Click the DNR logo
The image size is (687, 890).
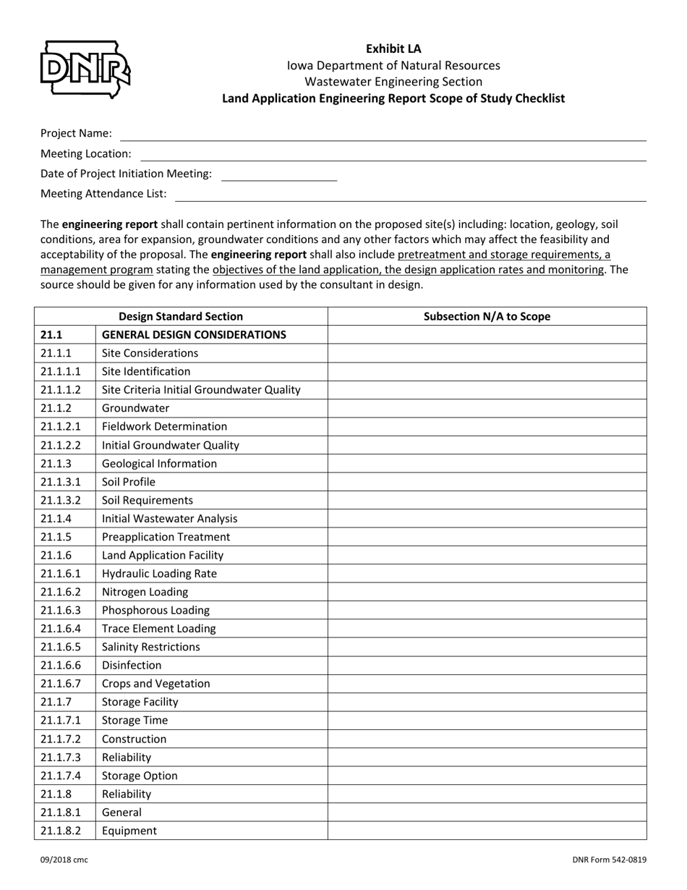[85, 69]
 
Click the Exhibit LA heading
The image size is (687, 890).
[393, 48]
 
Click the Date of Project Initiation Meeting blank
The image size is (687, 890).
[279, 174]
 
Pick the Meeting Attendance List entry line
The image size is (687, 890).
[410, 195]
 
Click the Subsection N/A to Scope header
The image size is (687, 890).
[487, 316]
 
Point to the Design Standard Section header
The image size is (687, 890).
[181, 316]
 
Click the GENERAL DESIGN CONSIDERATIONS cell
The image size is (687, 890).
[194, 335]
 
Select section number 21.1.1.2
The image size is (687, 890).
[61, 390]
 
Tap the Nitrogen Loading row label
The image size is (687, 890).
[145, 592]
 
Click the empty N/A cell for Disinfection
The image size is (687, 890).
[487, 666]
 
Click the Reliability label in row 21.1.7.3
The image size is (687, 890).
[127, 758]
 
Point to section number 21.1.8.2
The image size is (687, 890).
[61, 831]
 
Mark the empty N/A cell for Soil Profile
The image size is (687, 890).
[487, 482]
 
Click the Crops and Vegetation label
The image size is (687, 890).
[155, 684]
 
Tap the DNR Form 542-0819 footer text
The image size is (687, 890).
[610, 860]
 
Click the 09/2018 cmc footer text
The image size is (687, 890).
[64, 860]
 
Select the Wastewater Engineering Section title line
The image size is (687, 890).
[393, 82]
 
